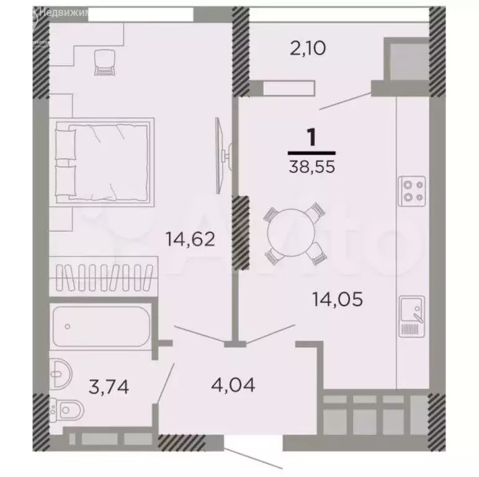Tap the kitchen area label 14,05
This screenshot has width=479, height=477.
click(x=338, y=301)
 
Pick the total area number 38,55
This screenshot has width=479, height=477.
click(x=311, y=166)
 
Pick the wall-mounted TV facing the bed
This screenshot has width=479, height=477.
click(x=220, y=155)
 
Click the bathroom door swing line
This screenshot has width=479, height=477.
click(x=166, y=383)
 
